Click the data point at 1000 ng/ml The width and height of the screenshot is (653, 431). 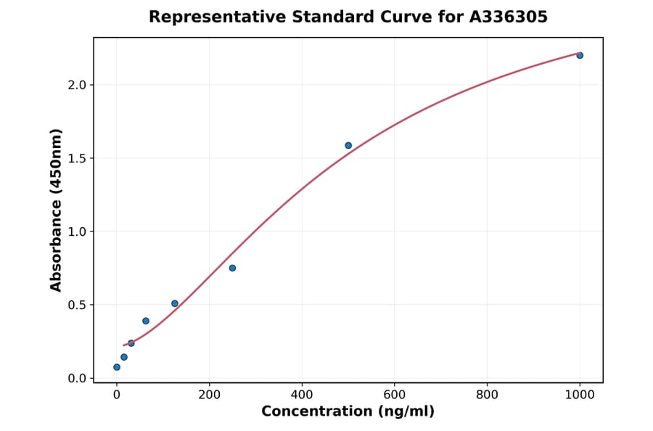tap(580, 55)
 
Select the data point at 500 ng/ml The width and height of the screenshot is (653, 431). tap(348, 145)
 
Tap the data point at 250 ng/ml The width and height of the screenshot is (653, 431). tap(232, 268)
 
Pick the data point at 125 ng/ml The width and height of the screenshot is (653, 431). tap(175, 303)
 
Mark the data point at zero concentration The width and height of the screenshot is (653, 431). tap(117, 367)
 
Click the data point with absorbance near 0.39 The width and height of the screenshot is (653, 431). tap(146, 321)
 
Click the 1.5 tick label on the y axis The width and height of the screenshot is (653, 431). tap(76, 158)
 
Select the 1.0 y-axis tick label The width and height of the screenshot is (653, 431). tap(76, 231)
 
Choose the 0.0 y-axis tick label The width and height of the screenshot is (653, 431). tap(76, 378)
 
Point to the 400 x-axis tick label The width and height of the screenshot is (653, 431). tap(302, 395)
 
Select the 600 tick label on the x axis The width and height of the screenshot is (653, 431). tap(395, 395)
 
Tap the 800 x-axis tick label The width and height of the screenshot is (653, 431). tap(487, 395)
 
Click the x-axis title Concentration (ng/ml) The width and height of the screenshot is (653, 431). tap(348, 412)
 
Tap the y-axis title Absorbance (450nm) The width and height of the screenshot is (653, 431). tap(57, 210)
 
